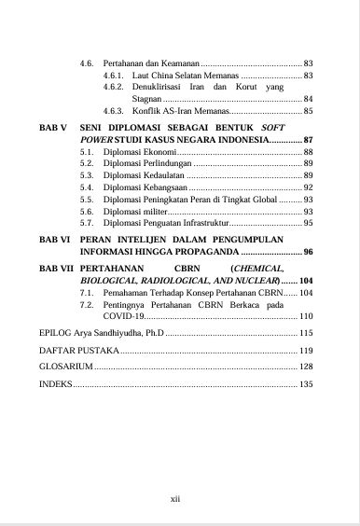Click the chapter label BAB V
coord(54,125)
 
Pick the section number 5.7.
coord(87,224)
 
